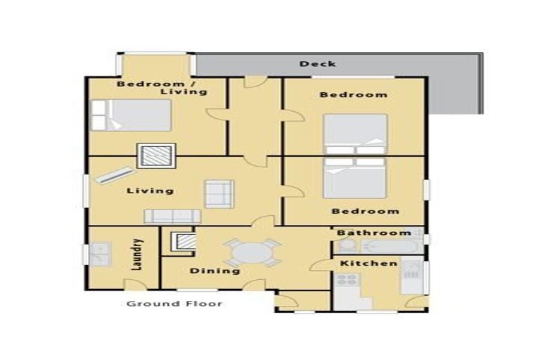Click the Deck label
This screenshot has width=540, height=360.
[x=317, y=64]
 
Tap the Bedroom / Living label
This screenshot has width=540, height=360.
[x=162, y=88]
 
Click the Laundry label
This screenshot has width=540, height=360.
[x=138, y=255]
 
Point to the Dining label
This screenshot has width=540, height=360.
[x=214, y=271]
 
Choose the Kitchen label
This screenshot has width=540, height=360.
[x=369, y=264]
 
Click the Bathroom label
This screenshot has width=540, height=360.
[x=373, y=233]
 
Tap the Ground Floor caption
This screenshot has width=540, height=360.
[x=174, y=304]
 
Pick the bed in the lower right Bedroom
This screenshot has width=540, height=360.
[x=354, y=177]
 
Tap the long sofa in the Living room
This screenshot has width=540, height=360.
[x=172, y=216]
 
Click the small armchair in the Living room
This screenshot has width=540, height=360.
[x=219, y=192]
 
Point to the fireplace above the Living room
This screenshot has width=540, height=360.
[x=157, y=155]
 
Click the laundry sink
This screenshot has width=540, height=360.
[x=98, y=252]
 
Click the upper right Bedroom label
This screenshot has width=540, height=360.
[x=353, y=95]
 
